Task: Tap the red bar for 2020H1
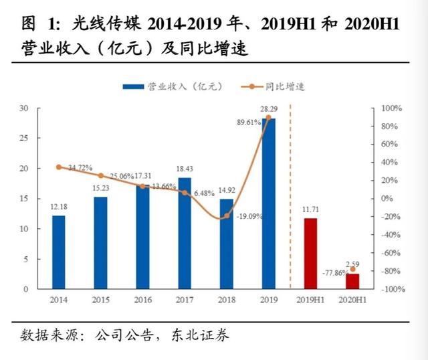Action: [352, 281]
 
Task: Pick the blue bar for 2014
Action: [58, 252]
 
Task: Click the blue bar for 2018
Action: [227, 244]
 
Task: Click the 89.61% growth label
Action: [245, 123]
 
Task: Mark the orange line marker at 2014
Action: [58, 167]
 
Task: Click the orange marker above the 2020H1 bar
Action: [352, 269]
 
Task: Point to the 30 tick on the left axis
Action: [23, 108]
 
